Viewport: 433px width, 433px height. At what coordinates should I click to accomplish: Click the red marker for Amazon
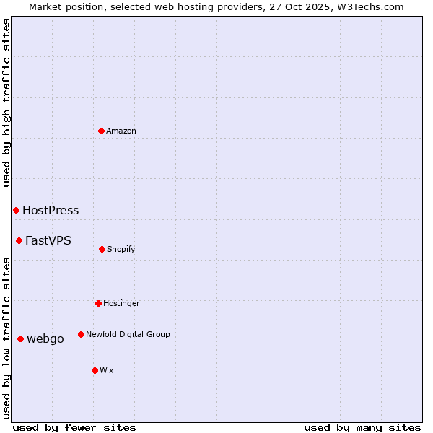coord(102,131)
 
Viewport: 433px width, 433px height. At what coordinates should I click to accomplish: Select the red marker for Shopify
coord(102,249)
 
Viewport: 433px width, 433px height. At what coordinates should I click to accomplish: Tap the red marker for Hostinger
coord(98,303)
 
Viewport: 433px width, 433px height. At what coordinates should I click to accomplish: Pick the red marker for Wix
coord(95,370)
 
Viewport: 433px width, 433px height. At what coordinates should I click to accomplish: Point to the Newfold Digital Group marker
coord(81,334)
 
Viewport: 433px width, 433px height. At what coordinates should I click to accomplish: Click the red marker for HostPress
coord(16,210)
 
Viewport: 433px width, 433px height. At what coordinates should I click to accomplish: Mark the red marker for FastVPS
coord(19,240)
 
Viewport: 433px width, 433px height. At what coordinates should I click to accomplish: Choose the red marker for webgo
coord(20,338)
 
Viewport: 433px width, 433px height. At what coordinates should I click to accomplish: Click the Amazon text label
coord(121,131)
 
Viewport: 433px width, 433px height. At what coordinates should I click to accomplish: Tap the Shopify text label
coord(121,249)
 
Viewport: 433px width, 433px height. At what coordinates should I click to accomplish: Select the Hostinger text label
coord(121,303)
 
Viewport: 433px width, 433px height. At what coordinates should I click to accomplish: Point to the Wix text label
coord(107,370)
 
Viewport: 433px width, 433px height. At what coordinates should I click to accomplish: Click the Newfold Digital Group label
coord(128,334)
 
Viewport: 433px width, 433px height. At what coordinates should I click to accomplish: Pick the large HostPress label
coord(51,211)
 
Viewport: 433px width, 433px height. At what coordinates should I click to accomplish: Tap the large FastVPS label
coord(48,241)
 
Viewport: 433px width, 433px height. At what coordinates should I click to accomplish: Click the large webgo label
coord(45,339)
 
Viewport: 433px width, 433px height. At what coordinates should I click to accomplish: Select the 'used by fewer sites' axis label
coord(74,427)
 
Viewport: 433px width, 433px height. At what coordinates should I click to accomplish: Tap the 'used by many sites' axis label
coord(362,427)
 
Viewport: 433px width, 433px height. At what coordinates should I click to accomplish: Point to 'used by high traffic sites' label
coord(6,103)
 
